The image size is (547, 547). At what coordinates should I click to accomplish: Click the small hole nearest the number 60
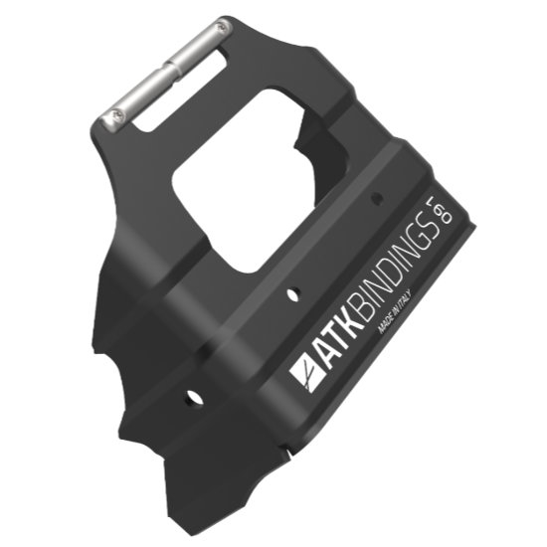click(377, 198)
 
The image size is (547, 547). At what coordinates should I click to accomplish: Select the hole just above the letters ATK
click(291, 294)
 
